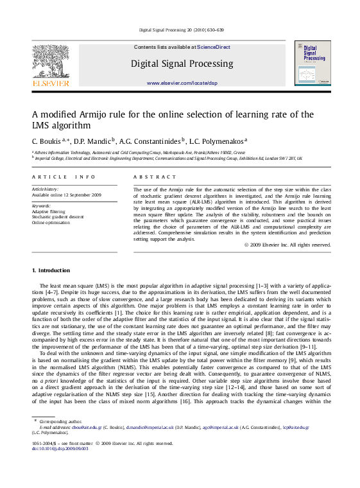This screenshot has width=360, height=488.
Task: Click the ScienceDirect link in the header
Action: coord(214,47)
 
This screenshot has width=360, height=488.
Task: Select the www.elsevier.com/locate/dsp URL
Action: coord(182,83)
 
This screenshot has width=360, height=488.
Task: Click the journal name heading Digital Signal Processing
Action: coord(182,64)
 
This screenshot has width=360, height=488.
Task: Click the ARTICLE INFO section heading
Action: coord(64,177)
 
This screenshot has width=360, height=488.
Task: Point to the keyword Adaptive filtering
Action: coord(49,211)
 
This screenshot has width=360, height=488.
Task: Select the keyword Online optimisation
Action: coord(51,222)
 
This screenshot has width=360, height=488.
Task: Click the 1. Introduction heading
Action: coord(51,270)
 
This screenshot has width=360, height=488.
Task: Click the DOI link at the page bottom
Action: coord(62,448)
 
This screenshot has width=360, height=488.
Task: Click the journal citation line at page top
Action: coord(181,30)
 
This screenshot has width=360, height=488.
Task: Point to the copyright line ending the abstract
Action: coord(287,245)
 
